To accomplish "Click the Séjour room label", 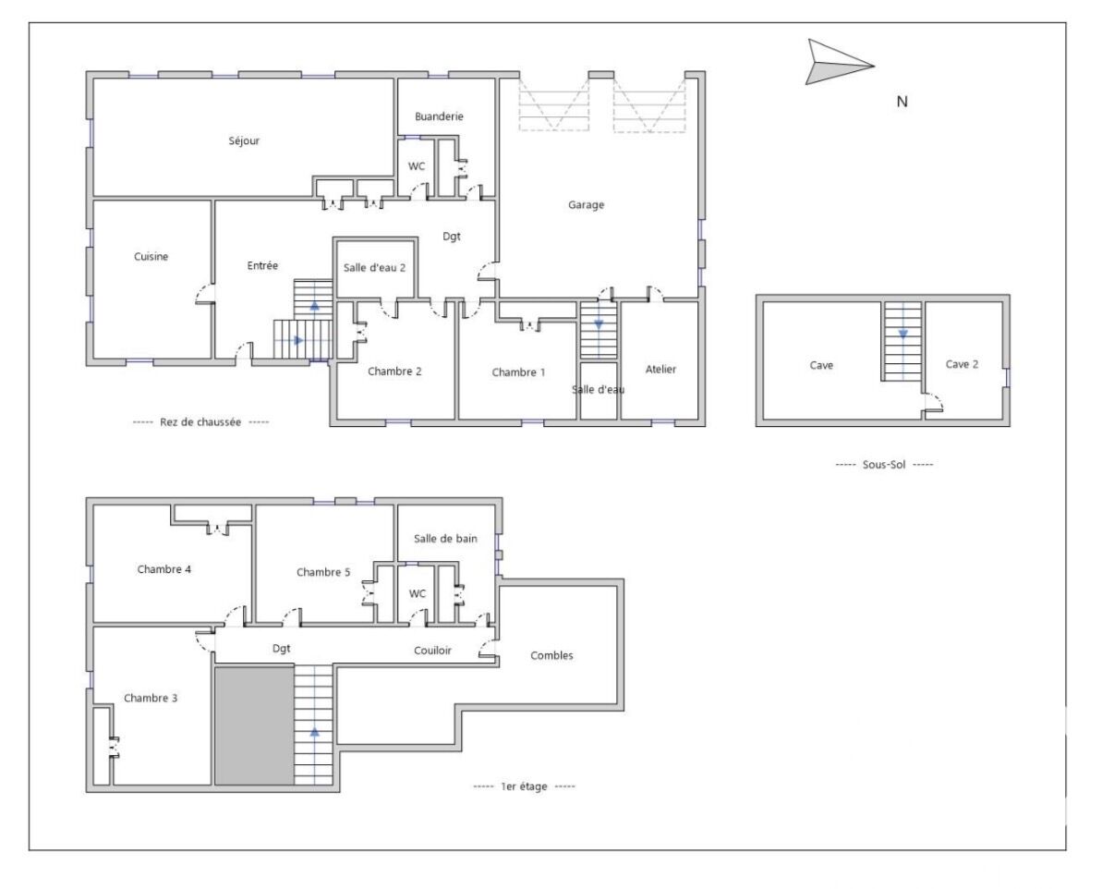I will pyautogui.click(x=244, y=141).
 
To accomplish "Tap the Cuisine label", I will pyautogui.click(x=151, y=257).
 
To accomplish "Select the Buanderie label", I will pyautogui.click(x=439, y=116).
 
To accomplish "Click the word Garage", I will pyautogui.click(x=586, y=205).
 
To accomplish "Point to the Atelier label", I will pyautogui.click(x=660, y=370).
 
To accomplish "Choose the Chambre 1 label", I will pyautogui.click(x=518, y=372).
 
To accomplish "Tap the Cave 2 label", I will pyautogui.click(x=963, y=365).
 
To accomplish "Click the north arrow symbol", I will pyautogui.click(x=837, y=64).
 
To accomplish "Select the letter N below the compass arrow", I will pyautogui.click(x=902, y=102).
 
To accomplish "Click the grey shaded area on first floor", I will pyautogui.click(x=254, y=725).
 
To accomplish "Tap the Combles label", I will pyautogui.click(x=551, y=655).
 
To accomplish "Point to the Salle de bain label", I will pyautogui.click(x=445, y=539).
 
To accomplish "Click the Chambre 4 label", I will pyautogui.click(x=164, y=569).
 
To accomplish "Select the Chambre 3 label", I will pyautogui.click(x=151, y=698).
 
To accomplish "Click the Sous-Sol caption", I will pyautogui.click(x=884, y=464).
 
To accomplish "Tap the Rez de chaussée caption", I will pyautogui.click(x=200, y=421).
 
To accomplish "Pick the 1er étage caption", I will pyautogui.click(x=524, y=786).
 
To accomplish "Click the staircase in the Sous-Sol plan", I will pyautogui.click(x=902, y=341).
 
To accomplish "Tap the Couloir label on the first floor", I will pyautogui.click(x=432, y=651).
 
